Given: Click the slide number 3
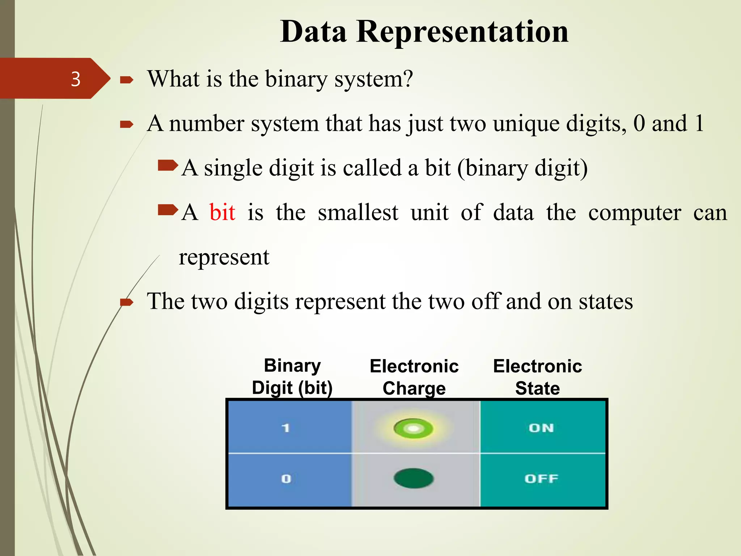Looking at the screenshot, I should [76, 79].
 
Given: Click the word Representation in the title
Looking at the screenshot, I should [462, 32].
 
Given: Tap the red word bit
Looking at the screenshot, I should [222, 212].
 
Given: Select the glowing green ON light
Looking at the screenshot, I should [413, 429].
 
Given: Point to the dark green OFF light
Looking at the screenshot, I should [413, 478].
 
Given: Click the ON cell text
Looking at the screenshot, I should [541, 428].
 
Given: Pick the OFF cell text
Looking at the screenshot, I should [541, 479].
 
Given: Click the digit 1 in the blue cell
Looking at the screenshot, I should [286, 428].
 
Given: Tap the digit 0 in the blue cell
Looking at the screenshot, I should [286, 479].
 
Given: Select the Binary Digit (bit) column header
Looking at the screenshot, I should [292, 377].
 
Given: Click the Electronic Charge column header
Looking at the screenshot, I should [414, 377].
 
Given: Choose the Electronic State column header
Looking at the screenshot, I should [537, 377].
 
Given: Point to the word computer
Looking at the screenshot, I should [635, 213].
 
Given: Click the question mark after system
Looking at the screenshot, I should [408, 79].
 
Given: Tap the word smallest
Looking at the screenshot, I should [358, 212].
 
